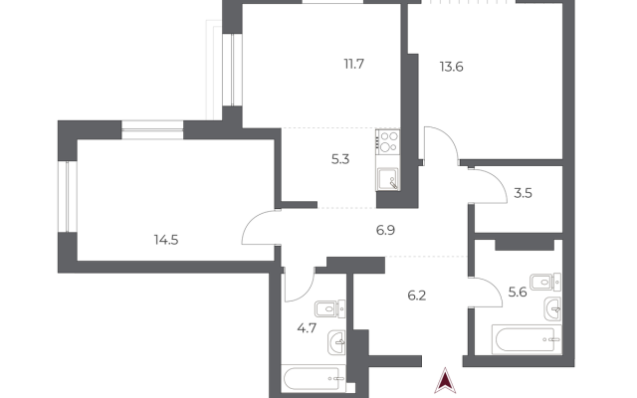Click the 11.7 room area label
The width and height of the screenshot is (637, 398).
(x=354, y=64)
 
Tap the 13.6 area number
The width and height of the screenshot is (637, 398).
(x=451, y=67)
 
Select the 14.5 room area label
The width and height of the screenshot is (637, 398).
(x=166, y=240)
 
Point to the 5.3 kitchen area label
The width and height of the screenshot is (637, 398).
(x=340, y=159)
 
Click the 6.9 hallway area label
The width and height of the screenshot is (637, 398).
(x=385, y=230)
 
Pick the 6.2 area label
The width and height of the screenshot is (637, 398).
(x=417, y=296)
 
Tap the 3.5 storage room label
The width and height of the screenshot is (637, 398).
(x=523, y=193)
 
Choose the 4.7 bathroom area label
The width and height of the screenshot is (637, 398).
(x=307, y=327)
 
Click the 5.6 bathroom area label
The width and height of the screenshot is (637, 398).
(x=518, y=292)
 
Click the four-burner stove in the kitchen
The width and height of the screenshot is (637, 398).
(x=388, y=141)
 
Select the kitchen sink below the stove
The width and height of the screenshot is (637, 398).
(x=388, y=179)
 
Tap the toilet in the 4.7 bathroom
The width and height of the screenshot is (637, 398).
(x=329, y=309)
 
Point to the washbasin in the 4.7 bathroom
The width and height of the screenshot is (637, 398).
(x=336, y=341)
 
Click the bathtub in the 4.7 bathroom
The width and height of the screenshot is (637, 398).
(x=314, y=378)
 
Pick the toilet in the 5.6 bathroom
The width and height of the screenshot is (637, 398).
(x=545, y=282)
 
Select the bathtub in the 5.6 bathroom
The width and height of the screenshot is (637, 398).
(x=527, y=339)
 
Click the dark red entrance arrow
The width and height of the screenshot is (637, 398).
(x=445, y=380)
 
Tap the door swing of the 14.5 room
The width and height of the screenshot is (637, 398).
(x=258, y=227)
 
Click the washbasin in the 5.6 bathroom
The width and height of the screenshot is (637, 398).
(x=553, y=308)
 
